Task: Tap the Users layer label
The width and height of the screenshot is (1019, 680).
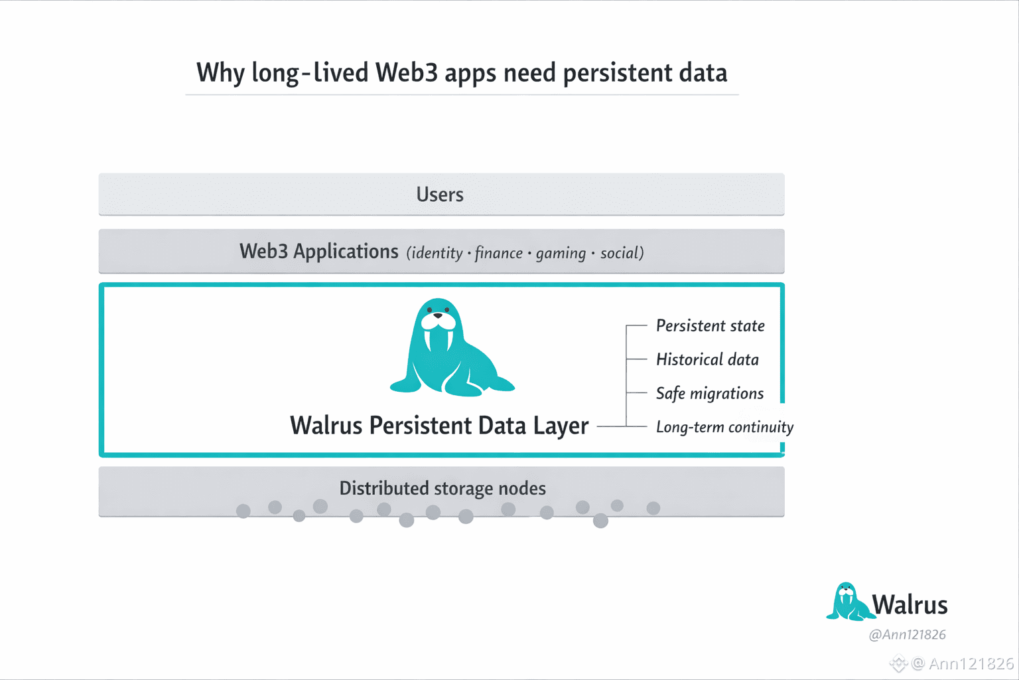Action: pyautogui.click(x=440, y=195)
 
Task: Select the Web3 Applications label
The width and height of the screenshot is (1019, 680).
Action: pyautogui.click(x=318, y=252)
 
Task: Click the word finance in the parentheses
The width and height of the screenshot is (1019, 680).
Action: pyautogui.click(x=498, y=253)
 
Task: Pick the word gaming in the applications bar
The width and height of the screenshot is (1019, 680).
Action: pyautogui.click(x=561, y=253)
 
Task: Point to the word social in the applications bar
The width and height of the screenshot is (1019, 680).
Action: pyautogui.click(x=620, y=253)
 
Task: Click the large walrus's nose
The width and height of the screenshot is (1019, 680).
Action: pyautogui.click(x=437, y=316)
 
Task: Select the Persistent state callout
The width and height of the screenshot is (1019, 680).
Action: pyautogui.click(x=710, y=326)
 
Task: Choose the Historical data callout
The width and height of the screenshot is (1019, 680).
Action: pyautogui.click(x=707, y=360)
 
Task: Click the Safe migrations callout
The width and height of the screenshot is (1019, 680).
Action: pyautogui.click(x=709, y=394)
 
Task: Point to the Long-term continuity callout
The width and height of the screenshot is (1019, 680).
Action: pyautogui.click(x=724, y=427)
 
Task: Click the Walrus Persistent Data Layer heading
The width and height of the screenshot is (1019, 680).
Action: pyautogui.click(x=439, y=426)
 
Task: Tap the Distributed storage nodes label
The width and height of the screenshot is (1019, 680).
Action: pyautogui.click(x=442, y=489)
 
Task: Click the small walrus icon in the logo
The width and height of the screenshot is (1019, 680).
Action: pyautogui.click(x=847, y=602)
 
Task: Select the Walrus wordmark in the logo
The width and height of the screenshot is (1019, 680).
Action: pyautogui.click(x=910, y=605)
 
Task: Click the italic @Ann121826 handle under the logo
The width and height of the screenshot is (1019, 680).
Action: pyautogui.click(x=907, y=635)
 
